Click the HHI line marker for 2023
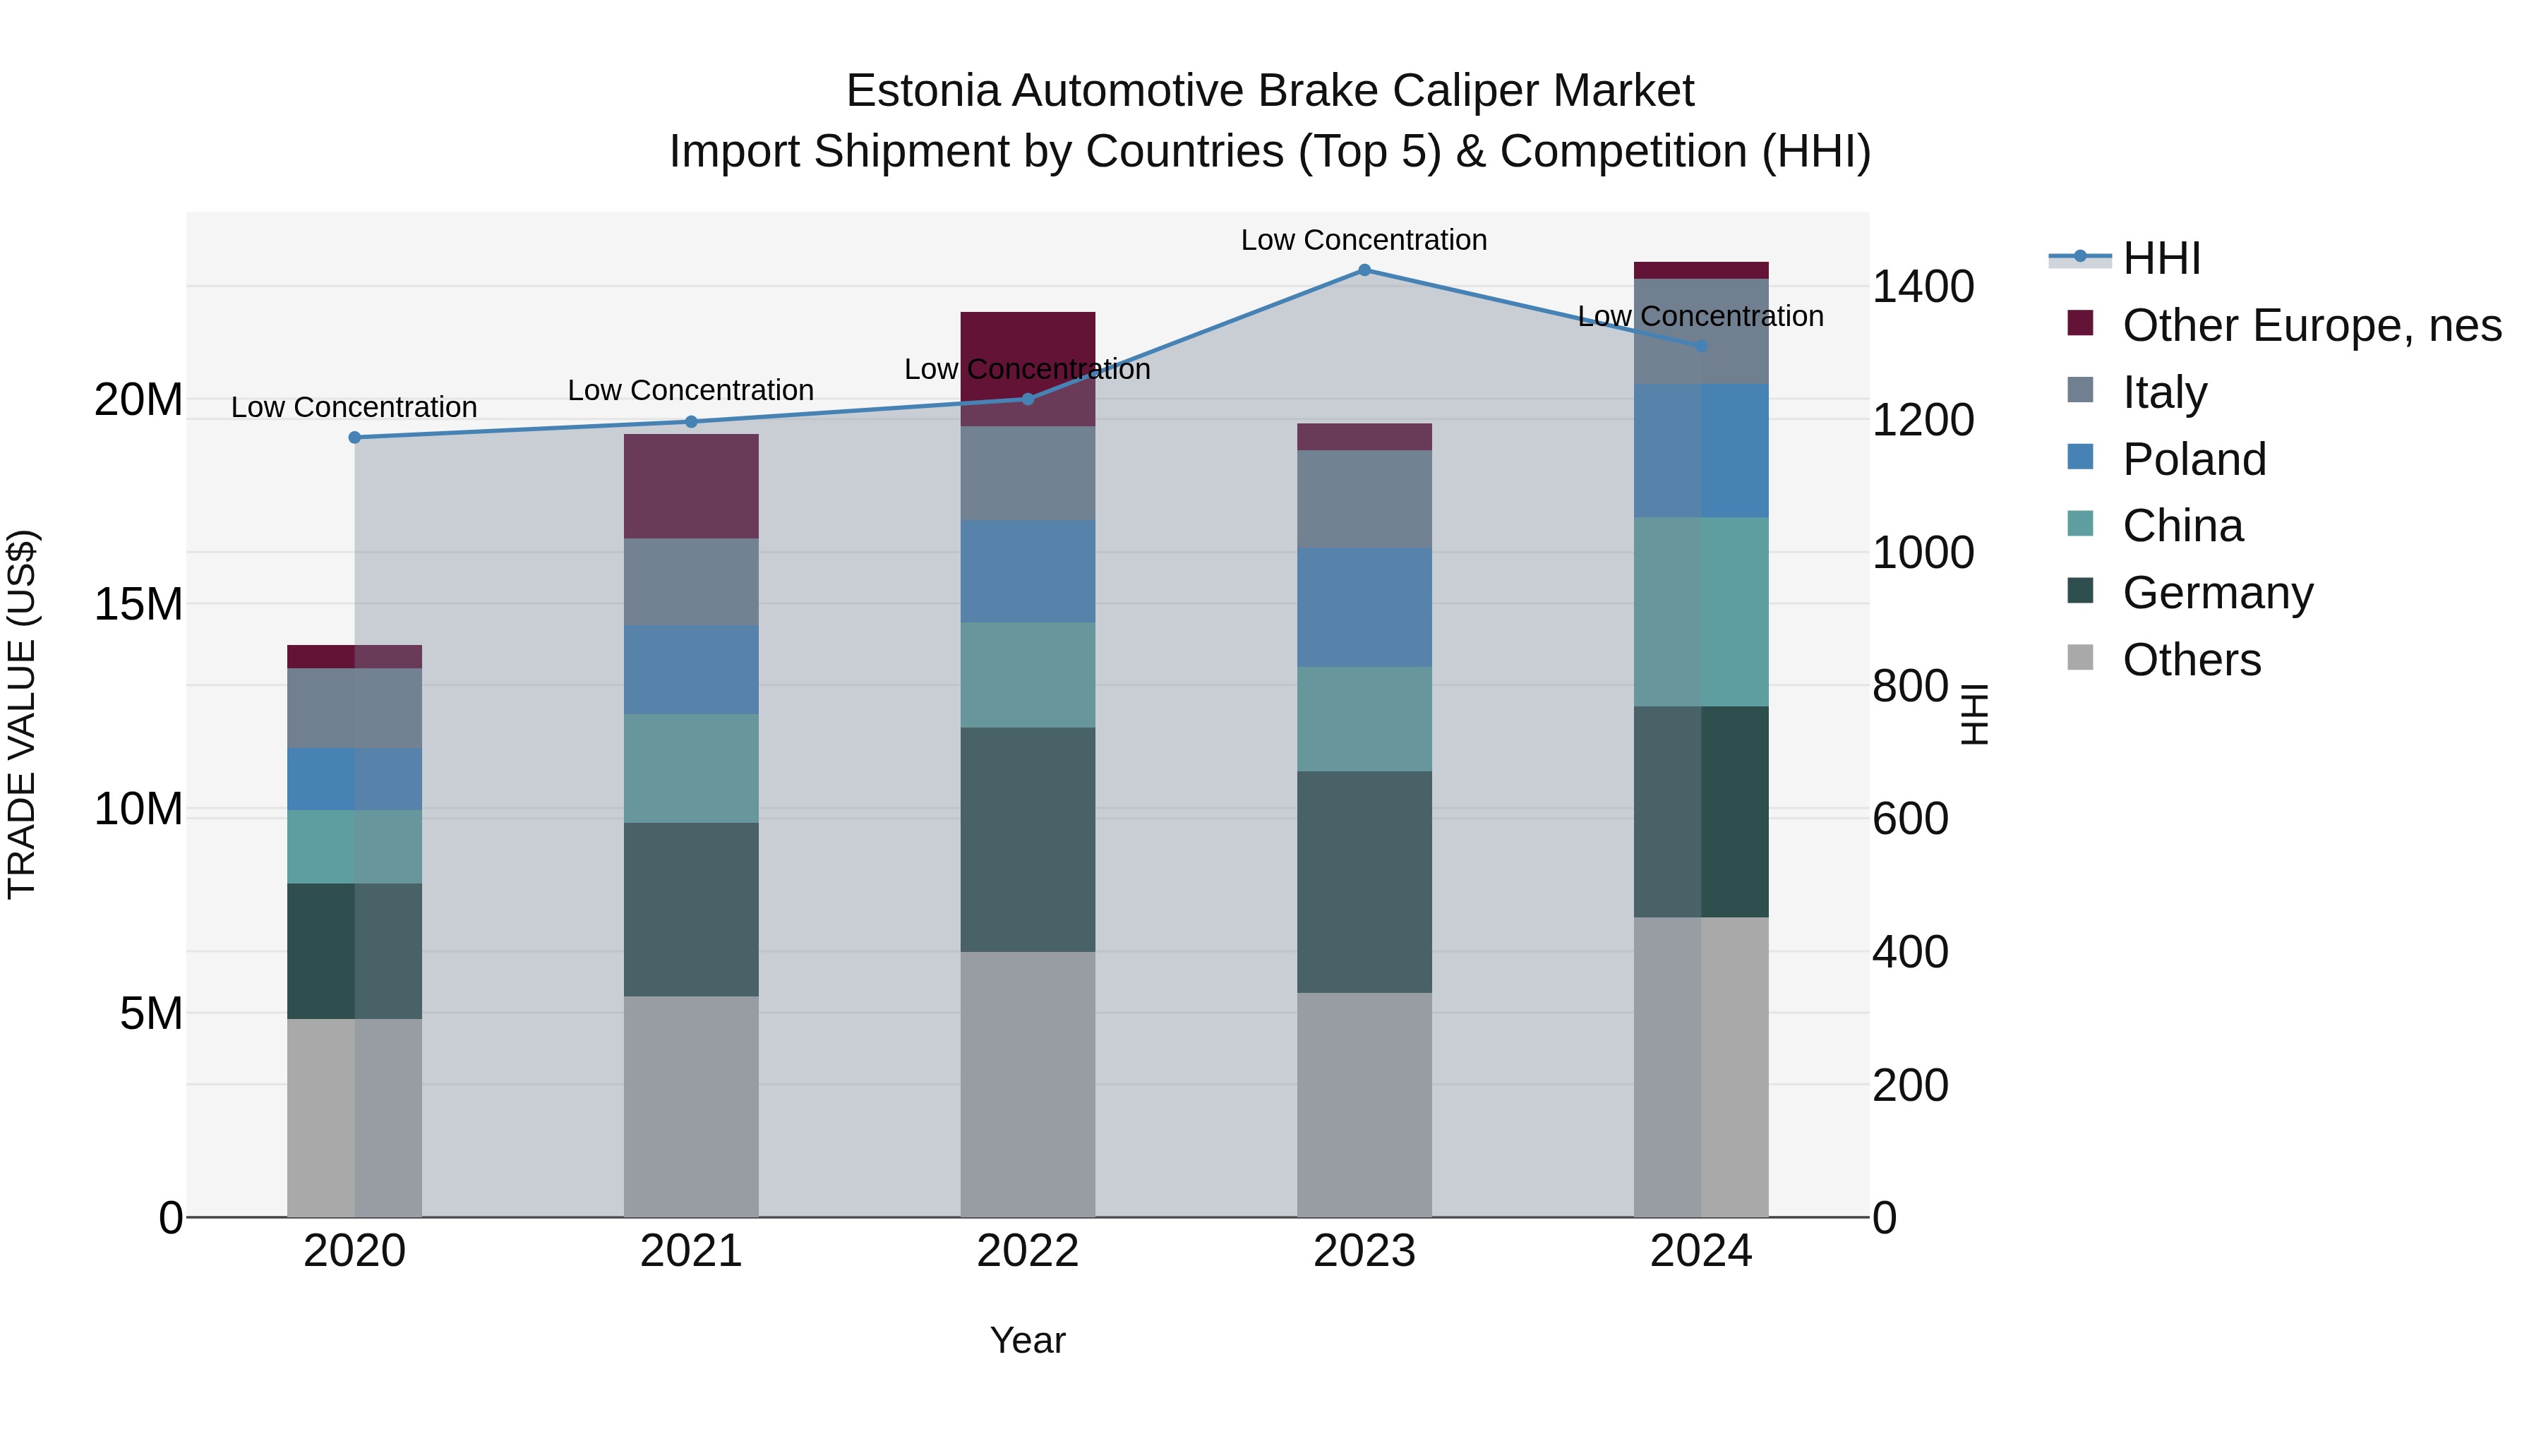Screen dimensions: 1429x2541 click(x=1364, y=270)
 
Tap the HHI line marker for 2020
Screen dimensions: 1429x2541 click(x=355, y=437)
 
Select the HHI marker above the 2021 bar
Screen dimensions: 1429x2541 click(x=692, y=422)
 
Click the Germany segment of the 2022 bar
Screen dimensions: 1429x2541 click(x=1028, y=839)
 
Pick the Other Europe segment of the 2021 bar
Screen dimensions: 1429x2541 click(x=692, y=486)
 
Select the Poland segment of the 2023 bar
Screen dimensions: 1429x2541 click(x=1364, y=608)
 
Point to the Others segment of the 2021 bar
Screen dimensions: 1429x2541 click(x=692, y=1107)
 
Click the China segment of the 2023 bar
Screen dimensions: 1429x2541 click(x=1364, y=719)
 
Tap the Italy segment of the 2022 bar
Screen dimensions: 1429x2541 click(x=1028, y=474)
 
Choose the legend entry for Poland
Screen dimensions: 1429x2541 click(x=2194, y=459)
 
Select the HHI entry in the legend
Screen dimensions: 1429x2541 click(x=2161, y=258)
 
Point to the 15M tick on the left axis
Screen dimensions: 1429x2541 click(x=138, y=605)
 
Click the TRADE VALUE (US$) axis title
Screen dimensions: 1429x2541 click(x=22, y=714)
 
